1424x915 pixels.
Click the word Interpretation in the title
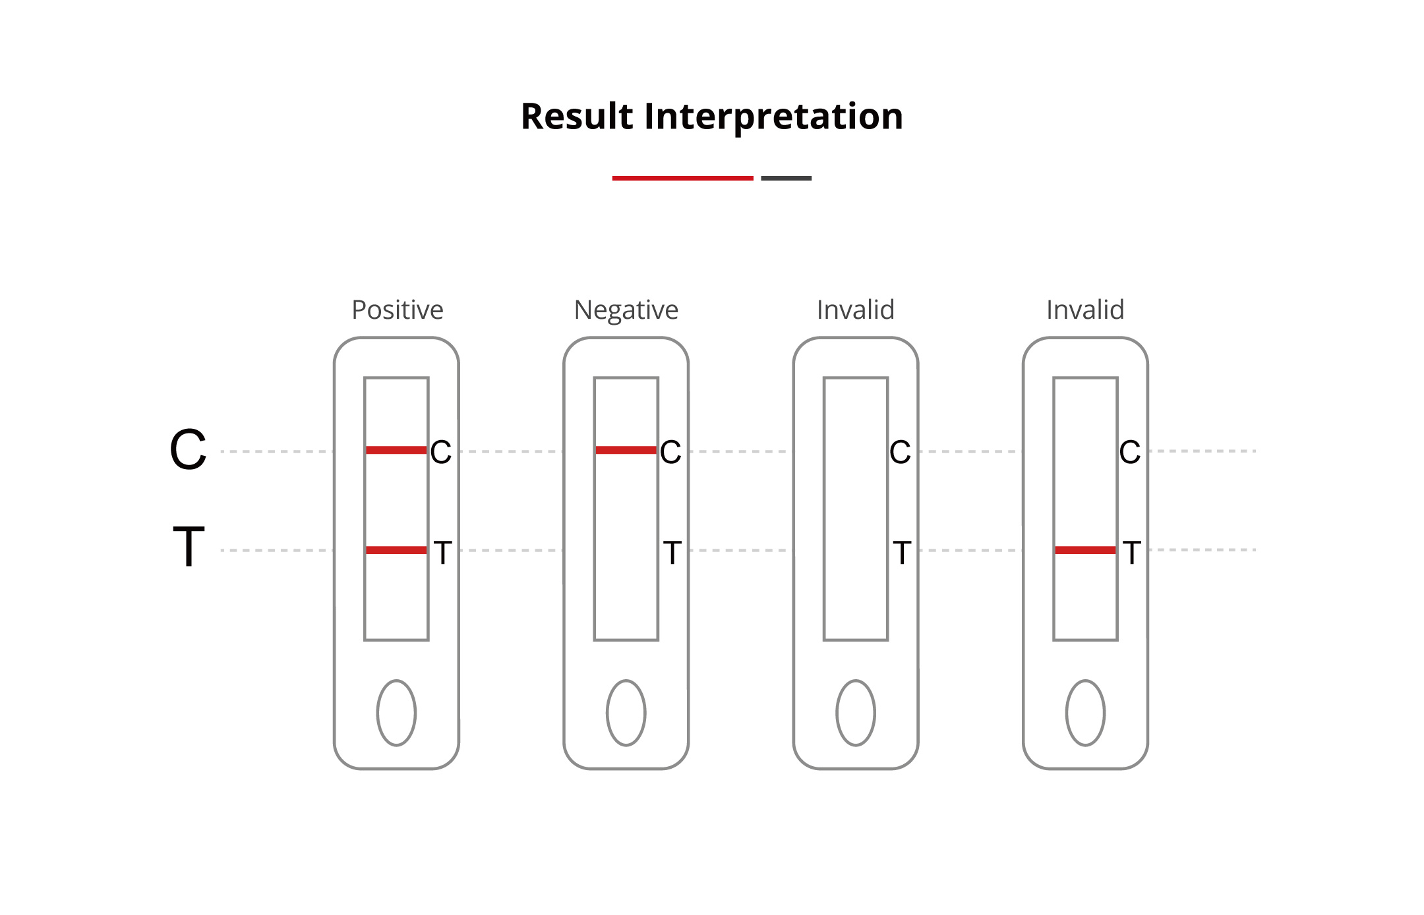tap(773, 117)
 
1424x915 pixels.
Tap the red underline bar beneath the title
tap(682, 178)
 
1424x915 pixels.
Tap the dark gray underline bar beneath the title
tap(786, 178)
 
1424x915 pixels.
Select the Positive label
tap(397, 310)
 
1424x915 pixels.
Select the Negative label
tap(626, 310)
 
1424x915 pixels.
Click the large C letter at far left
tap(188, 450)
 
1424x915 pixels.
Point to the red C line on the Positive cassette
tap(396, 450)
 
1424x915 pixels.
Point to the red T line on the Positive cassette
tap(396, 550)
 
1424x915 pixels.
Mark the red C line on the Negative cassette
tap(626, 450)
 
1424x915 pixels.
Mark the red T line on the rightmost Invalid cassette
tap(1085, 550)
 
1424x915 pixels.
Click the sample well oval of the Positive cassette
tap(396, 713)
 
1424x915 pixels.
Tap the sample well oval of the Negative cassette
tap(626, 713)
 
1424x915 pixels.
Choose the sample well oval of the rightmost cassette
tap(1085, 713)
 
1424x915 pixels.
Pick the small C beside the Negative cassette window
tap(670, 453)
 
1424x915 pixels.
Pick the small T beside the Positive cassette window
tap(442, 552)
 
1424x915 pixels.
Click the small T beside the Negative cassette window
tap(672, 552)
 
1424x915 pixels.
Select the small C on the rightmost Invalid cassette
tap(1129, 453)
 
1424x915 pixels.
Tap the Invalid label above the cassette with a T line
tap(1085, 310)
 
